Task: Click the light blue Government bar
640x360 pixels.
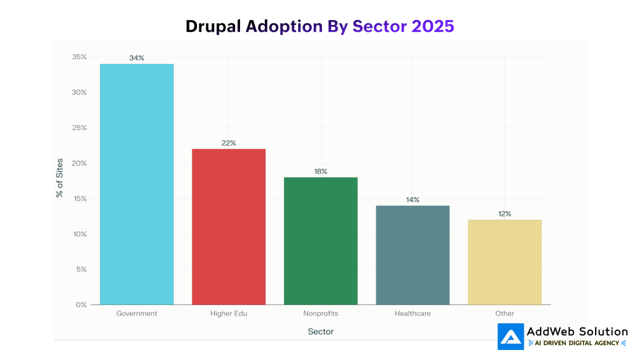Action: (x=136, y=184)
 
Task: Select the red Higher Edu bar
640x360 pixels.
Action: (x=229, y=226)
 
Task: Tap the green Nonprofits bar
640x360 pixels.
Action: (x=321, y=241)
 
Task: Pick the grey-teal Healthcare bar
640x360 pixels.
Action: (x=412, y=255)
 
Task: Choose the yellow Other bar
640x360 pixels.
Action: (x=504, y=262)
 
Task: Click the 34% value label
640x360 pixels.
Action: (x=136, y=57)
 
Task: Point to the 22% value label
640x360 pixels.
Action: (x=229, y=143)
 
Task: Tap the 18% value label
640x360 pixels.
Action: (x=321, y=171)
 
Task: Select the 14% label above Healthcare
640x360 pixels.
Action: (x=412, y=200)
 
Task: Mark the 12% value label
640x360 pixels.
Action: (x=504, y=214)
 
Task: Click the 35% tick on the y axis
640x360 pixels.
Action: (x=79, y=57)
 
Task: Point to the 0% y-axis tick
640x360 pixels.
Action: (x=81, y=305)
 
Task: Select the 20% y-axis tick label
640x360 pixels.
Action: (x=79, y=163)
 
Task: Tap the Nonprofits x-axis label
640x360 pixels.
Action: (x=321, y=313)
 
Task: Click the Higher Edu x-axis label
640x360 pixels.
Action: (x=229, y=313)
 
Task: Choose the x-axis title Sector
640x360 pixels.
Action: (x=321, y=331)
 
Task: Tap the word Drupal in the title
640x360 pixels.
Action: (x=213, y=26)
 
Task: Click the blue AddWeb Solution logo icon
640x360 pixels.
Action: (x=511, y=337)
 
